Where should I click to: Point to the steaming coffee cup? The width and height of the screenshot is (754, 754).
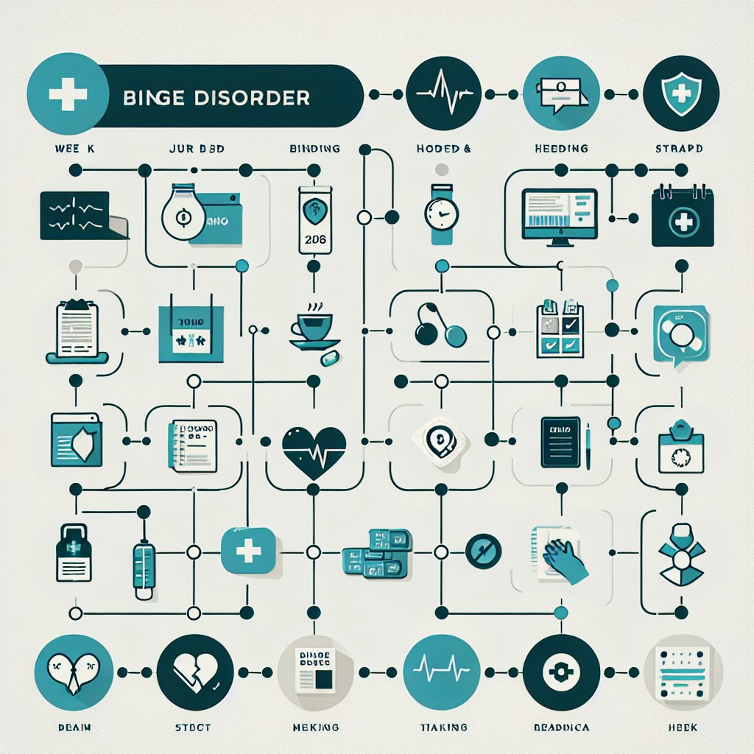point(313,328)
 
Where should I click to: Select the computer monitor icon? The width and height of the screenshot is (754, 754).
point(559,214)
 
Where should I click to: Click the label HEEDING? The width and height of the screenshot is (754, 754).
point(561,149)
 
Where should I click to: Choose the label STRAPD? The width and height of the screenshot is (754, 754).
point(678,149)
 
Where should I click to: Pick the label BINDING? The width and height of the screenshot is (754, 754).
point(315,149)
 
